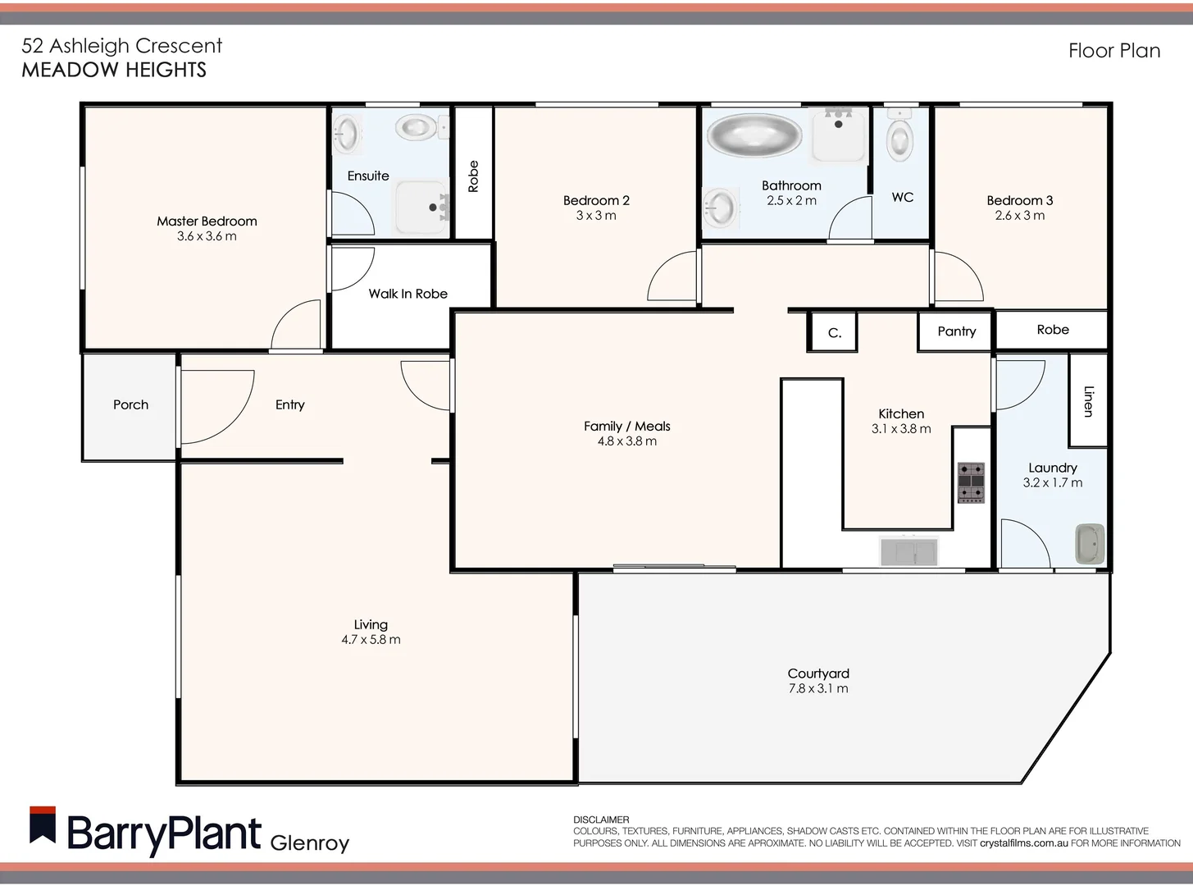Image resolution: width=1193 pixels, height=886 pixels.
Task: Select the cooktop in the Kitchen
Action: coord(971,482)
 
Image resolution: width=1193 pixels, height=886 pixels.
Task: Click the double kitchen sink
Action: coord(908,550)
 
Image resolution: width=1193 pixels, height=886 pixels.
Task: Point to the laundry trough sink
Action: coord(1089,543)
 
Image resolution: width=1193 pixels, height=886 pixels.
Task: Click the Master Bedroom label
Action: coord(207,221)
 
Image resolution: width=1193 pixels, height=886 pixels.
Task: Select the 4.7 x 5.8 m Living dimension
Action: coord(371,640)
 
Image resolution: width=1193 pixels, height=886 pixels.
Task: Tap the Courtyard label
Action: coord(817,674)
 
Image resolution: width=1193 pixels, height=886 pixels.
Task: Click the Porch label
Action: coord(130,404)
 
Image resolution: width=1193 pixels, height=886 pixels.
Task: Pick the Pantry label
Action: coord(956,331)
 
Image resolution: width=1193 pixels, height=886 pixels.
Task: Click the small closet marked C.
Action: coord(833,332)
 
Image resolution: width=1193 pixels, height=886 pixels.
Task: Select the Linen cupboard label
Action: coord(1088,400)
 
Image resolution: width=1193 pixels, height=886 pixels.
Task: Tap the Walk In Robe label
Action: coord(408,294)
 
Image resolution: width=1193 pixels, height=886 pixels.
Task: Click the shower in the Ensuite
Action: coord(422,208)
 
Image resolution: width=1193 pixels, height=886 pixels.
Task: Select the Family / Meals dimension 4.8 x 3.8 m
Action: coord(626,441)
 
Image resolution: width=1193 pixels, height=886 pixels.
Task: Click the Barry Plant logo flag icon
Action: coord(43,825)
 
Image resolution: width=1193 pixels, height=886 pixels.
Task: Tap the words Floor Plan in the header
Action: coord(1113,51)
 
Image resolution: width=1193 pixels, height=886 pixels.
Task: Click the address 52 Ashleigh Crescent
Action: coord(121,46)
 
